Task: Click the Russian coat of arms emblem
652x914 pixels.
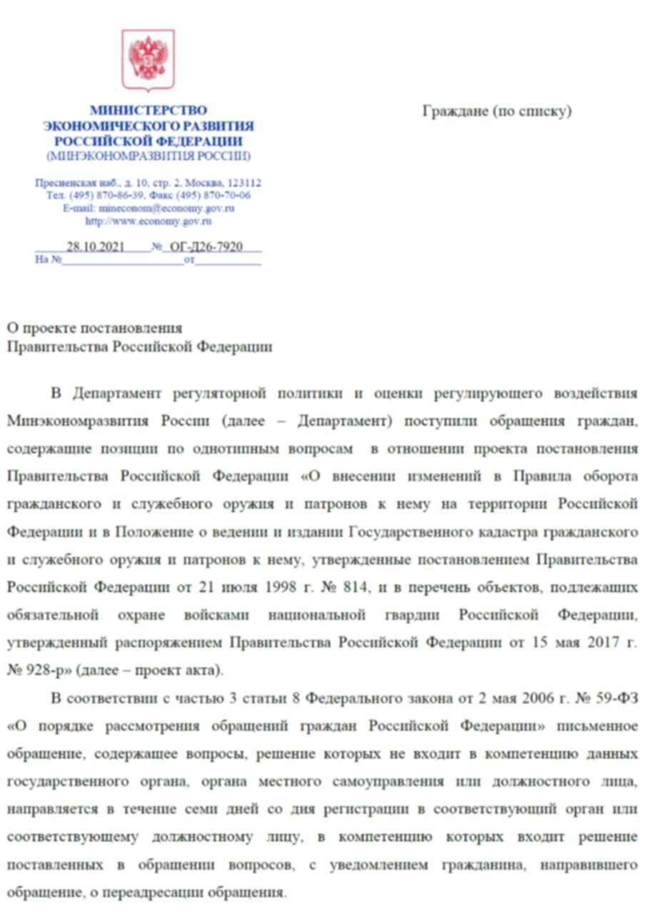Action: point(148,60)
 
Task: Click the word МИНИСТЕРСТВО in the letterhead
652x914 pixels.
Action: point(148,111)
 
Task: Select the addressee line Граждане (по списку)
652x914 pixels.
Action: point(497,111)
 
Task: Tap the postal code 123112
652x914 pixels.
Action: point(243,184)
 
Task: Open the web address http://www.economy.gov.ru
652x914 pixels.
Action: point(149,221)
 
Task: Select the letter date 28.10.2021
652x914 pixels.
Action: point(96,247)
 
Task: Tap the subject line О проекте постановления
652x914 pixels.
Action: point(94,328)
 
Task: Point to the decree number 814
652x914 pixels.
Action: point(355,587)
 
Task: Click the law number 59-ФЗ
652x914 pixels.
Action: point(616,698)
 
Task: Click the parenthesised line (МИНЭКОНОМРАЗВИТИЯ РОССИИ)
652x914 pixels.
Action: point(149,156)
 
